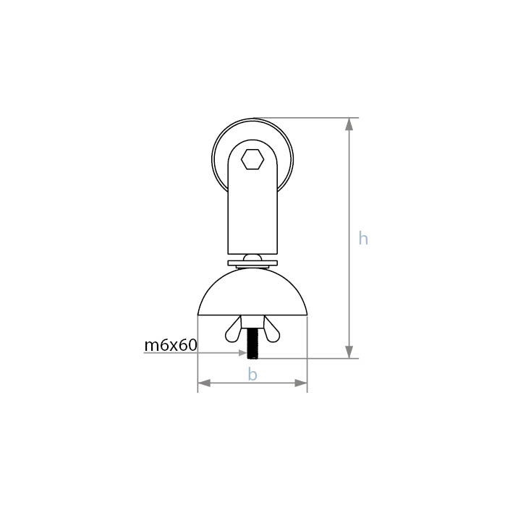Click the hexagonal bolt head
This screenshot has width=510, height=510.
[252, 159]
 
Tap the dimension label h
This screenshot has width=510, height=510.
[363, 238]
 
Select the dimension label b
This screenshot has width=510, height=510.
[252, 374]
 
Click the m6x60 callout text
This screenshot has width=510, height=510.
[171, 345]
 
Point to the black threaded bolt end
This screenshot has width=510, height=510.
[252, 344]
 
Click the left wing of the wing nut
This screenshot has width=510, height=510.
[234, 329]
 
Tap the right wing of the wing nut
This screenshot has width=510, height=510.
[271, 329]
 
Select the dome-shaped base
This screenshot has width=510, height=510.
[252, 292]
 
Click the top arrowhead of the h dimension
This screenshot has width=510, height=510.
[349, 124]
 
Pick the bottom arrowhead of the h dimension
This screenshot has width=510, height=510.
[349, 352]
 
